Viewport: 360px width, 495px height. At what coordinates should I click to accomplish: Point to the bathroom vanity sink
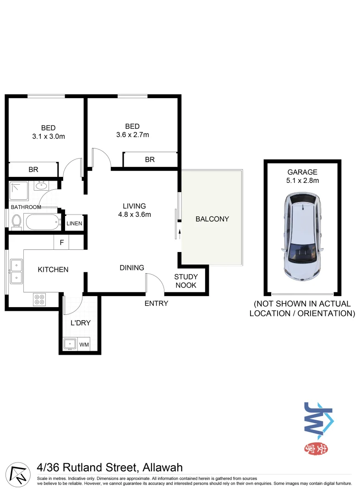[42, 186]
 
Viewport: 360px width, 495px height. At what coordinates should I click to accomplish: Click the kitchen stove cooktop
[39, 299]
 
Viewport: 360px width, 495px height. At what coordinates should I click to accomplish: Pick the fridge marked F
[61, 242]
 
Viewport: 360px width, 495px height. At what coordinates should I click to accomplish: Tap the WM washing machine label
[84, 344]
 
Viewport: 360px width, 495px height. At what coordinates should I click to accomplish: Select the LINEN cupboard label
[74, 224]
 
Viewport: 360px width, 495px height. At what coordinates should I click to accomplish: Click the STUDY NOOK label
[185, 281]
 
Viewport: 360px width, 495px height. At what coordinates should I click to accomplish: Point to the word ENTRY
[156, 303]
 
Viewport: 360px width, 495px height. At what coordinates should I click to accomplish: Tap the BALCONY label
[212, 219]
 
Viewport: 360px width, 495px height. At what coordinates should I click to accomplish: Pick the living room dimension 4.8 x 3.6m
[134, 214]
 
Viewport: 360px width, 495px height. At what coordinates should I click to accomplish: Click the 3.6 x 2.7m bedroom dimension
[132, 135]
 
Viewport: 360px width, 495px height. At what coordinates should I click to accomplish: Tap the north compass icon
[16, 473]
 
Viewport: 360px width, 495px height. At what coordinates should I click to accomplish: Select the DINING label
[132, 268]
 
